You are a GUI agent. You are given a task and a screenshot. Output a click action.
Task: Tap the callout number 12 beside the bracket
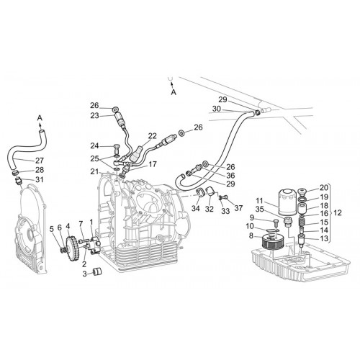338,213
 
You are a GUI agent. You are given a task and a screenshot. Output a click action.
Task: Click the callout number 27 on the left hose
40,161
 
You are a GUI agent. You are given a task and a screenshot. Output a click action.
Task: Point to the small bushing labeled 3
97,271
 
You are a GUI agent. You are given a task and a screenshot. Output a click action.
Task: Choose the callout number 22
152,136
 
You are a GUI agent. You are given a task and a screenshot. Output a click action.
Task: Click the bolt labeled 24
117,149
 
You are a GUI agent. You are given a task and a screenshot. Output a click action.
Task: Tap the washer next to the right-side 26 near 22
181,132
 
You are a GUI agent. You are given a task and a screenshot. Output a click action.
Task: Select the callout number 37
238,208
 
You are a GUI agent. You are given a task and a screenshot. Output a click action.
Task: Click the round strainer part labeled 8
272,240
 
